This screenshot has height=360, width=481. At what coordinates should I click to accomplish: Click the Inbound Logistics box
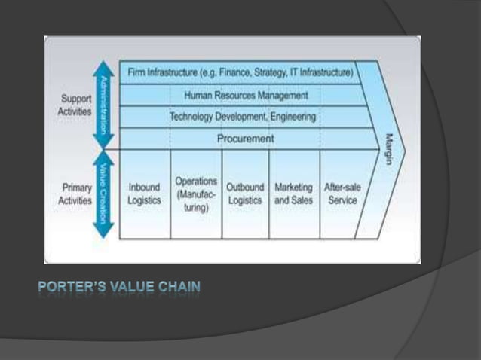pos(145,194)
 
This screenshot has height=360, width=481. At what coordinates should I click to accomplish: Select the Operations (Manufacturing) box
pos(196,194)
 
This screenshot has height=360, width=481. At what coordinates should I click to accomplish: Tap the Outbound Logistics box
pos(245,194)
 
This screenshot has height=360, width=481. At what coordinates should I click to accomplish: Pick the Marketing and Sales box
pos(294,194)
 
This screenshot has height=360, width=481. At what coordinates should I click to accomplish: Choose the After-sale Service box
pos(341,194)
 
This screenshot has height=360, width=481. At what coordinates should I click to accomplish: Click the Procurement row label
pos(246,139)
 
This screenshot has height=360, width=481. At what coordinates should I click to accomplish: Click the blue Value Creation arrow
pos(103,194)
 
